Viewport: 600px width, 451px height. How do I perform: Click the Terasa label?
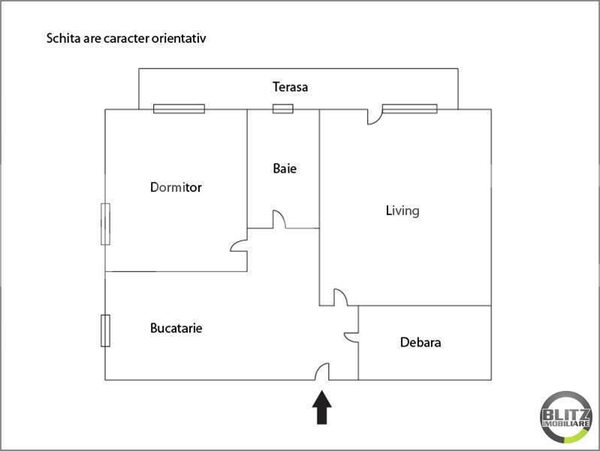[290, 87]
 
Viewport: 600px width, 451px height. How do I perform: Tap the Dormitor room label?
[176, 187]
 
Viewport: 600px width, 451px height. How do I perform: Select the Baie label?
[285, 168]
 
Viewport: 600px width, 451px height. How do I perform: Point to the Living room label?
[402, 210]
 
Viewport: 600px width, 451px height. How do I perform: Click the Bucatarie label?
[176, 328]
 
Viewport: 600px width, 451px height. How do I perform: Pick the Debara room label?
[421, 343]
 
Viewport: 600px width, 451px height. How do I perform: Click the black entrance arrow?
[322, 407]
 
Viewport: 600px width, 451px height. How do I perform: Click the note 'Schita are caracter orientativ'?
[126, 37]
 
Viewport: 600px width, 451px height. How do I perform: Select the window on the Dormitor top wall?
[179, 108]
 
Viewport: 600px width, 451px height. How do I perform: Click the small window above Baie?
[282, 109]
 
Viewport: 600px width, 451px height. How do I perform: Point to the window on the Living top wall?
[409, 109]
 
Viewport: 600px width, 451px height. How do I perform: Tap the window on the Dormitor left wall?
[106, 223]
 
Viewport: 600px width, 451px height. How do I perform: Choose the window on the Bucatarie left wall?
[106, 331]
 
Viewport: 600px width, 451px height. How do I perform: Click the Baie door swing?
[278, 220]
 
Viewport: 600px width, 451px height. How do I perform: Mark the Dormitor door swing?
[239, 246]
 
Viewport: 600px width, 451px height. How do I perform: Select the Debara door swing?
[351, 336]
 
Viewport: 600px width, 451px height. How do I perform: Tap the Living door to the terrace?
[373, 117]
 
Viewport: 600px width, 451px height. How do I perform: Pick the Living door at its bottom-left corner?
[339, 298]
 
